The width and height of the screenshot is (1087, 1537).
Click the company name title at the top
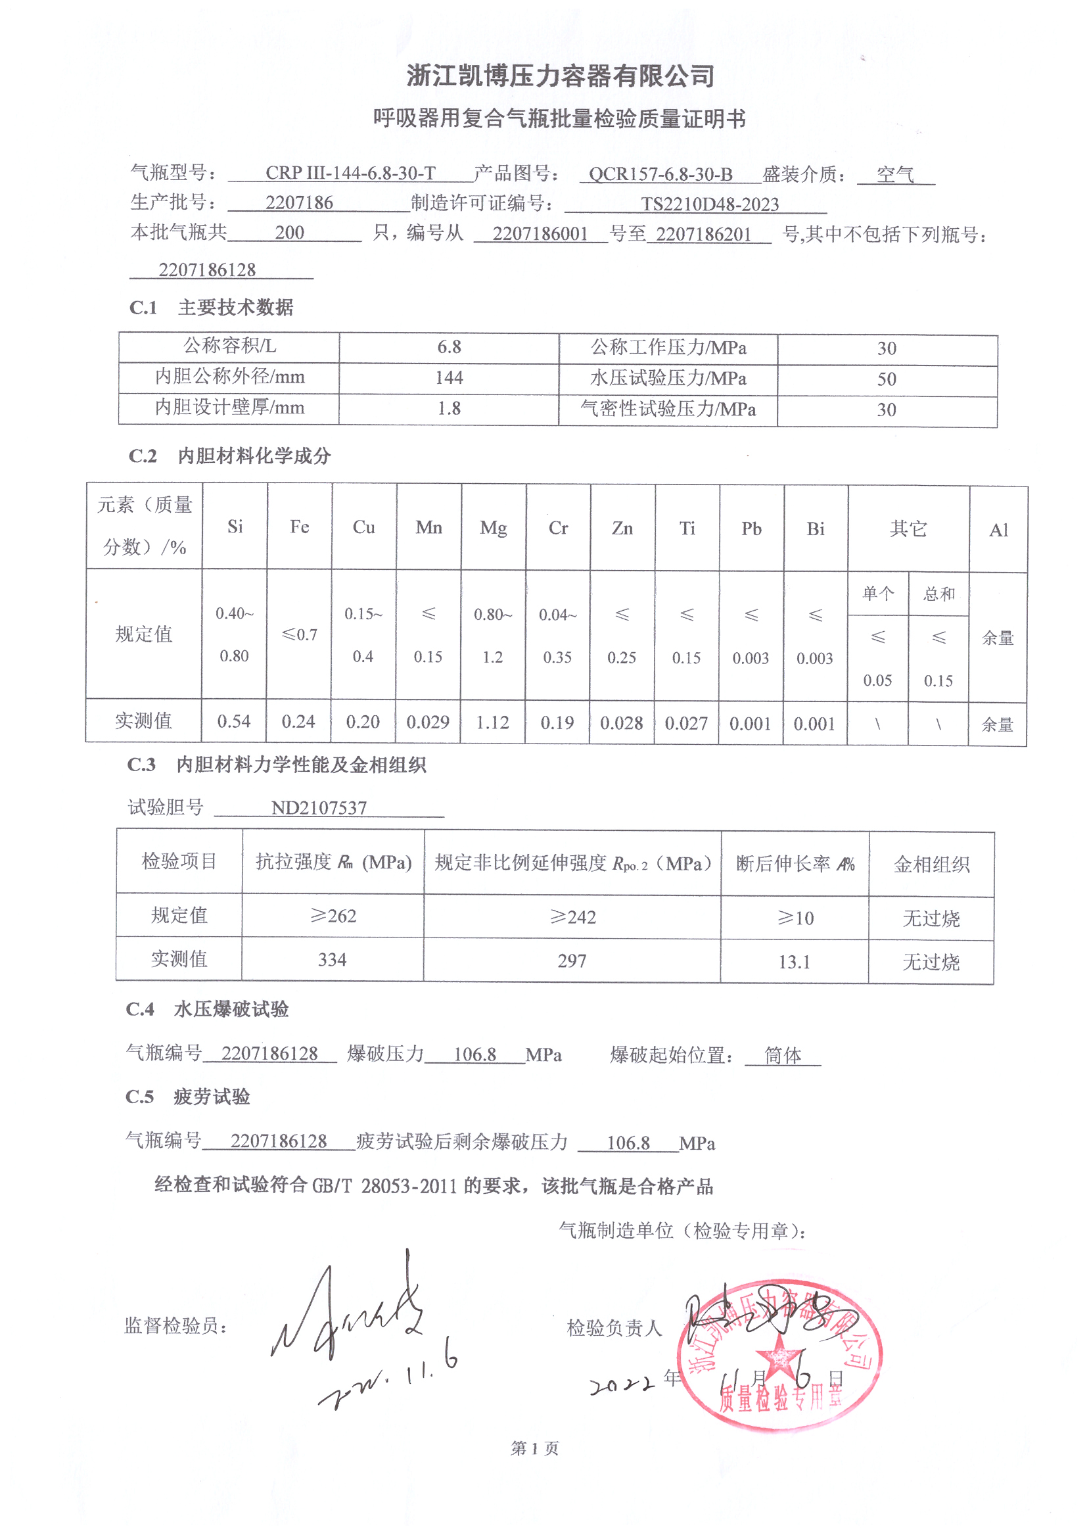pyautogui.click(x=560, y=76)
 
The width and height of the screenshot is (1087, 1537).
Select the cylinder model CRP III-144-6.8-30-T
pyautogui.click(x=350, y=174)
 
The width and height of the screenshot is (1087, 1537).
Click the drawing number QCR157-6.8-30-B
pyautogui.click(x=660, y=175)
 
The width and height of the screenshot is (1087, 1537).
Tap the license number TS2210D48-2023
pyautogui.click(x=710, y=204)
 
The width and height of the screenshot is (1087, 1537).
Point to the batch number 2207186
pyautogui.click(x=299, y=203)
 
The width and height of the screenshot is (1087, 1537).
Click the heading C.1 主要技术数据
pyautogui.click(x=212, y=307)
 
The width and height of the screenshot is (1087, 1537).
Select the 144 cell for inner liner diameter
pyautogui.click(x=448, y=378)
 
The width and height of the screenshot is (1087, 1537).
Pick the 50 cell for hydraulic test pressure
pyautogui.click(x=886, y=379)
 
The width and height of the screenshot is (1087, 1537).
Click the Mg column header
pyautogui.click(x=494, y=528)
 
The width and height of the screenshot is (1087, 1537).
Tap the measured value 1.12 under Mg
pyautogui.click(x=493, y=723)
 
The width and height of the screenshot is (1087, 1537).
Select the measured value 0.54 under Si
pyautogui.click(x=233, y=722)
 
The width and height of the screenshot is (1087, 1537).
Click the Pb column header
pyautogui.click(x=751, y=529)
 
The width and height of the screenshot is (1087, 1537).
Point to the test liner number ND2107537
pyautogui.click(x=319, y=808)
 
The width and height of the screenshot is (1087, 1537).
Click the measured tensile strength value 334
pyautogui.click(x=332, y=960)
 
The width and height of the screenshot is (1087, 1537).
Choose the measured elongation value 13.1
pyautogui.click(x=794, y=962)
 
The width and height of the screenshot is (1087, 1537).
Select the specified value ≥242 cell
pyautogui.click(x=572, y=917)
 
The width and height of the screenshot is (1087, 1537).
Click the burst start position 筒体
pyautogui.click(x=783, y=1056)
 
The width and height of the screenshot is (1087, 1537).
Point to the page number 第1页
pyautogui.click(x=534, y=1449)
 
